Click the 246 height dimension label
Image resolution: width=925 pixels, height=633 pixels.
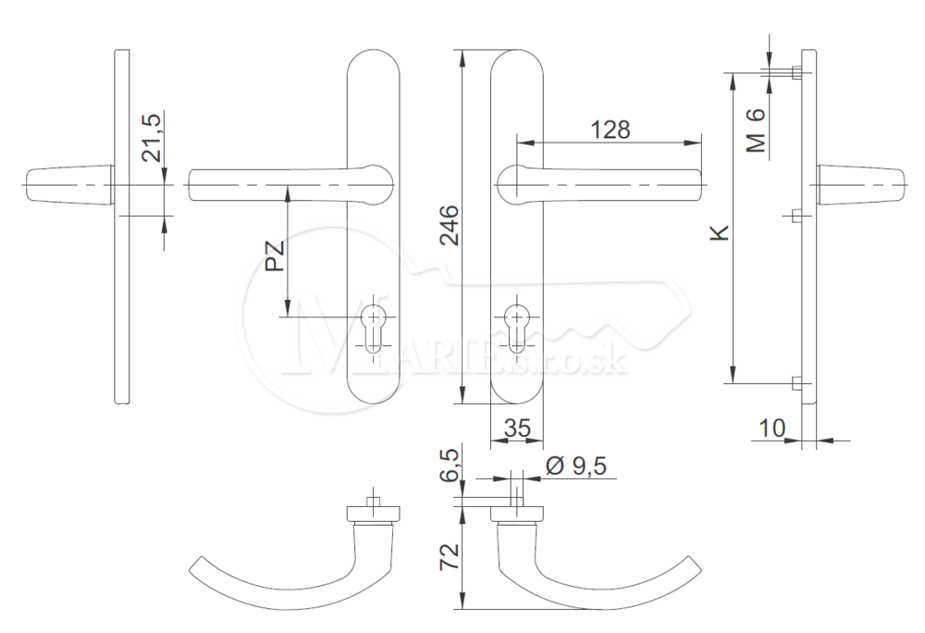click(x=450, y=225)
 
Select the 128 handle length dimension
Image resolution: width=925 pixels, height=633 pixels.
click(x=610, y=130)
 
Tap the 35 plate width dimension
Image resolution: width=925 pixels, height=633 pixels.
click(x=517, y=428)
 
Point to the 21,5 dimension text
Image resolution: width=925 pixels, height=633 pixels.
click(x=152, y=138)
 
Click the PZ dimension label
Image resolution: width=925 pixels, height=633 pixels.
click(x=275, y=256)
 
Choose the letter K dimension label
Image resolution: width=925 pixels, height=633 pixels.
click(x=721, y=232)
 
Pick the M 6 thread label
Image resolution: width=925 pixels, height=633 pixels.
click(x=756, y=131)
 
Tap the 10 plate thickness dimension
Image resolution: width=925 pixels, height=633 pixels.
click(x=771, y=428)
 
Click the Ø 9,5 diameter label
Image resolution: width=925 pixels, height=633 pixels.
click(x=576, y=465)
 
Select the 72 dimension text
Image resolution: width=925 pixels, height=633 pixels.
click(x=450, y=557)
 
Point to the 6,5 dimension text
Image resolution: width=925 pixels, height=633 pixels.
click(x=450, y=465)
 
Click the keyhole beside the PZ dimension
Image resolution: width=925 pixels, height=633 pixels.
click(x=373, y=328)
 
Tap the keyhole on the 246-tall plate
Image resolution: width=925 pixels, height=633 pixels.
click(x=517, y=328)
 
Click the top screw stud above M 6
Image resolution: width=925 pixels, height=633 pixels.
click(x=796, y=73)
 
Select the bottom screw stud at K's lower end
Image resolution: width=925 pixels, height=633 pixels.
click(x=796, y=383)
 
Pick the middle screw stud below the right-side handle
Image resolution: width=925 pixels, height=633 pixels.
click(x=796, y=217)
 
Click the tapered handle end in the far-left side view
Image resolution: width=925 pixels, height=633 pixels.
click(x=69, y=185)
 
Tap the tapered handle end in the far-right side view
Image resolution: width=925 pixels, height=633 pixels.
click(x=860, y=185)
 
